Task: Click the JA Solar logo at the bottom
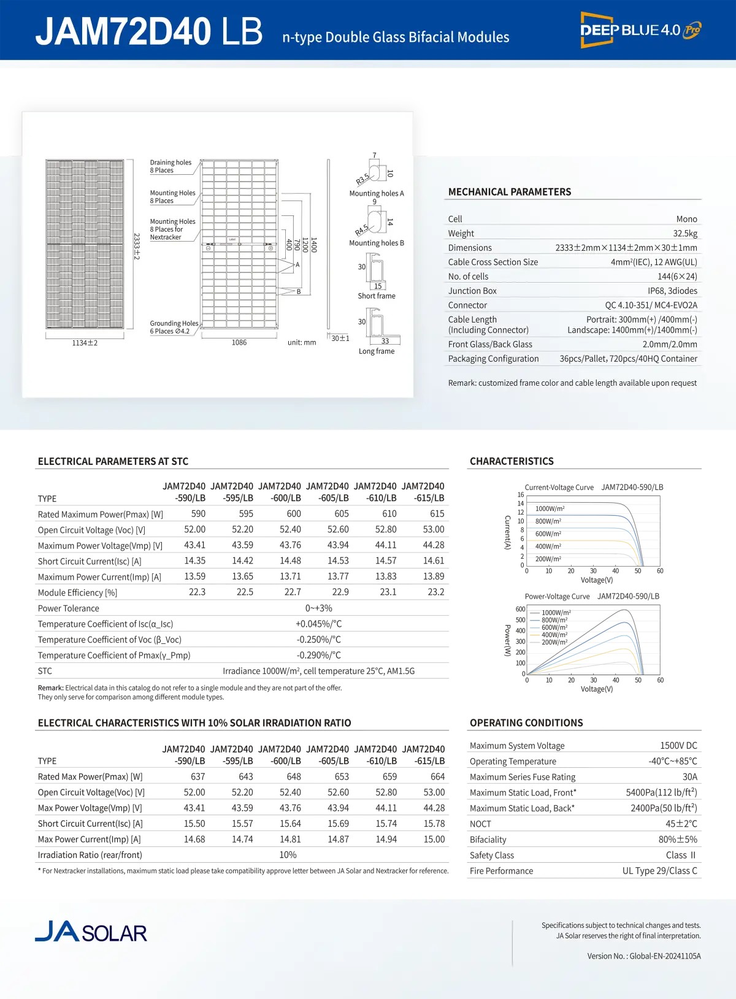91,932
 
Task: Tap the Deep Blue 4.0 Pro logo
640,29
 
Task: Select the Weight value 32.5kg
685,234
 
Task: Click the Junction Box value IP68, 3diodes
672,291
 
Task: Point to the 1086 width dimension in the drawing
239,343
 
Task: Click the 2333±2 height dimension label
137,246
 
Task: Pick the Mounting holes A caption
377,194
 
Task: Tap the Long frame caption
377,351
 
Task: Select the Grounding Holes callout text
174,327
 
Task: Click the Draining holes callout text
171,166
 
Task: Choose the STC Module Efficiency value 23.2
435,592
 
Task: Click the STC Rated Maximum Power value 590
198,514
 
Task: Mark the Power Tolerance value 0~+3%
318,608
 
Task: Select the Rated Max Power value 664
437,776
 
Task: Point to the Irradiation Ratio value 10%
288,855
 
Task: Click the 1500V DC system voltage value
678,746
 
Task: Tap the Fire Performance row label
501,871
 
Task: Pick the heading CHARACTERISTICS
512,461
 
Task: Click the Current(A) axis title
508,532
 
